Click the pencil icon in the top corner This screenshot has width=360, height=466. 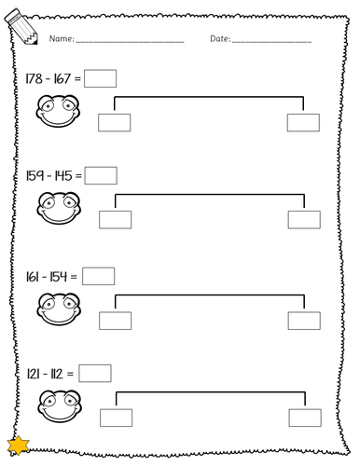18,34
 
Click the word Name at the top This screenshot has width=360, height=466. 59,40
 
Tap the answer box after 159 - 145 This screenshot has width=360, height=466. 101,175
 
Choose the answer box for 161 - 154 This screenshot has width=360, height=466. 98,276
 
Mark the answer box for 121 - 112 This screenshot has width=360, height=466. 95,373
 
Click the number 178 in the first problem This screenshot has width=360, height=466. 36,81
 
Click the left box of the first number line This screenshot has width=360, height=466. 115,122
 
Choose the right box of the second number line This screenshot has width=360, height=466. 303,219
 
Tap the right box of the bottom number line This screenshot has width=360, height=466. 304,418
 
